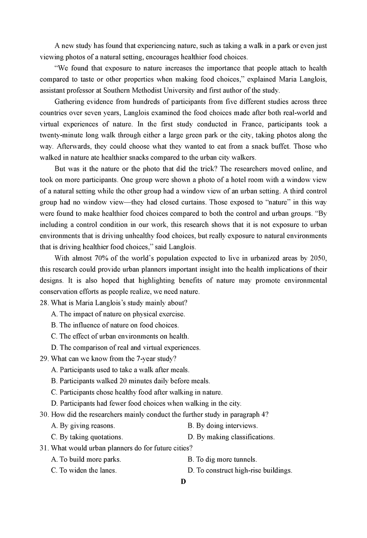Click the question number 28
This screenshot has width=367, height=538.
(44, 303)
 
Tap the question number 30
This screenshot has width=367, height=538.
(44, 415)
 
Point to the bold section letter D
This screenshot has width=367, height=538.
(183, 481)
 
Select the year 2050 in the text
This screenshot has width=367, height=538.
(318, 258)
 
